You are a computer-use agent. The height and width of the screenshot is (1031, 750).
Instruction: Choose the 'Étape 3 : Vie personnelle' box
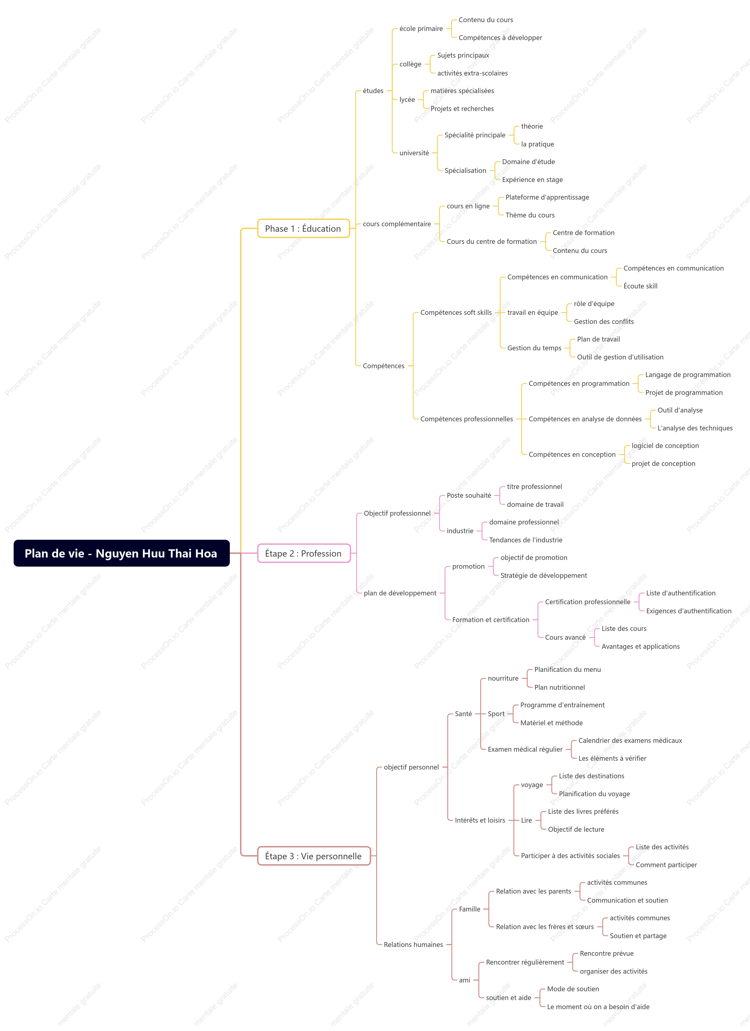pos(314,856)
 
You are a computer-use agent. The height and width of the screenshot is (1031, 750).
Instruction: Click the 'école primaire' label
pos(421,29)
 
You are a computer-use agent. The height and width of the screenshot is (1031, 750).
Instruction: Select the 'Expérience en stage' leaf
pos(532,180)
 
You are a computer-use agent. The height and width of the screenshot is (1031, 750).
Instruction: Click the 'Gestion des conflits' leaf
pos(604,322)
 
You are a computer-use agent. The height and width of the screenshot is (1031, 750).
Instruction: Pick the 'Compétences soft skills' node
pos(456,312)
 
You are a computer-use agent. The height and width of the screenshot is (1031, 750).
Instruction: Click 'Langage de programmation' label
pos(688,375)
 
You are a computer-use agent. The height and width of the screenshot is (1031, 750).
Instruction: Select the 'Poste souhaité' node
pos(469,496)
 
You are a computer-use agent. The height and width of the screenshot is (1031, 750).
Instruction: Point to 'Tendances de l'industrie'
pos(526,540)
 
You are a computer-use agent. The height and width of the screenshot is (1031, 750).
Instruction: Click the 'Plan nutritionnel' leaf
pos(560,687)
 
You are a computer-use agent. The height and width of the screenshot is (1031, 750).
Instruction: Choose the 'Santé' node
pos(463,714)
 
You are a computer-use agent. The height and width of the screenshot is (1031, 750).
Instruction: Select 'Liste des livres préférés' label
pos(583,811)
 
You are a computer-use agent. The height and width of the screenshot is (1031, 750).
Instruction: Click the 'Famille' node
pos(470,909)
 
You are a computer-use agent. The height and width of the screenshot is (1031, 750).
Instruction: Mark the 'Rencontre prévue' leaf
pos(606,954)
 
